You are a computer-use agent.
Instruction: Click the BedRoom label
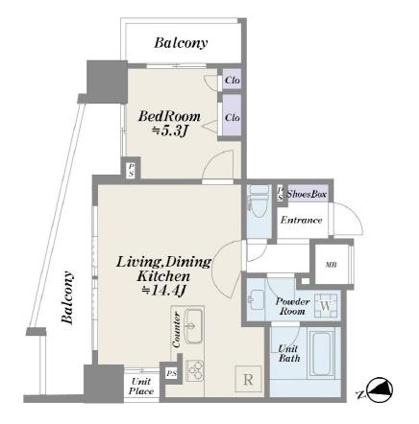coord(169,116)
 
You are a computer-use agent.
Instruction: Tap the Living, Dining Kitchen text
coord(163,269)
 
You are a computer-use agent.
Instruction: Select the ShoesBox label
coord(307,194)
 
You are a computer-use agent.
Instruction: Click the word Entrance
coord(301,220)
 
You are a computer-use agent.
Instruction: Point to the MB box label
coord(331,265)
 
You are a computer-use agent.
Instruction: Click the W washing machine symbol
coord(326,306)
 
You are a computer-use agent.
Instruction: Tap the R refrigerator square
coord(248,379)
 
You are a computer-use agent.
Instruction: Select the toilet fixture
coord(259,201)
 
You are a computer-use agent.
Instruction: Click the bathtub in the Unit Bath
coord(321,353)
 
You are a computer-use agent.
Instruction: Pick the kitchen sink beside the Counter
coord(193,325)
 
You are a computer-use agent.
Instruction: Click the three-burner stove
coord(195,370)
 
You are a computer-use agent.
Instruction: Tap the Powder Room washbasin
coord(257,299)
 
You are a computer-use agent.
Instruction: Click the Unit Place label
coord(141,386)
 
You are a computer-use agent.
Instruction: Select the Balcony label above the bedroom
coord(181,43)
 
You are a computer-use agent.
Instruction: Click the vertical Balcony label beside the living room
coord(67,297)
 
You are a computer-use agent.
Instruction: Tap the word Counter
coord(176,330)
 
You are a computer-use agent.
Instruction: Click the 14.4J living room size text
coord(164,291)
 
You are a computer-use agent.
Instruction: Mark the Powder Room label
coord(292,306)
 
